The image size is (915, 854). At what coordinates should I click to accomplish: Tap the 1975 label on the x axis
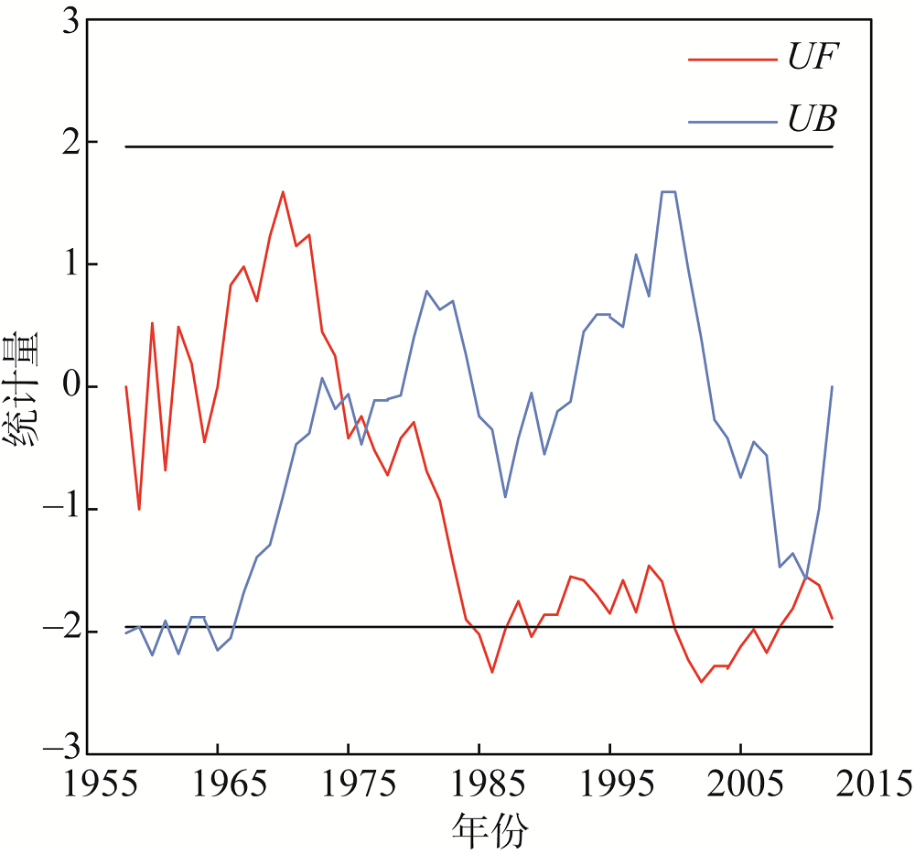(349, 785)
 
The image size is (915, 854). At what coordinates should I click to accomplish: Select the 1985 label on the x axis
(479, 785)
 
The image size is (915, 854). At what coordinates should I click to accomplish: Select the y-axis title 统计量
(22, 387)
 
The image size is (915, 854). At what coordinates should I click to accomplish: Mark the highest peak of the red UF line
(283, 192)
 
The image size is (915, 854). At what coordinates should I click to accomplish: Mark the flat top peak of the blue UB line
(668, 192)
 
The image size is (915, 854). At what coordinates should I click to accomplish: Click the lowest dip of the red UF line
(701, 682)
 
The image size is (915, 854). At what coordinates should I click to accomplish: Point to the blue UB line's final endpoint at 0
(832, 386)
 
